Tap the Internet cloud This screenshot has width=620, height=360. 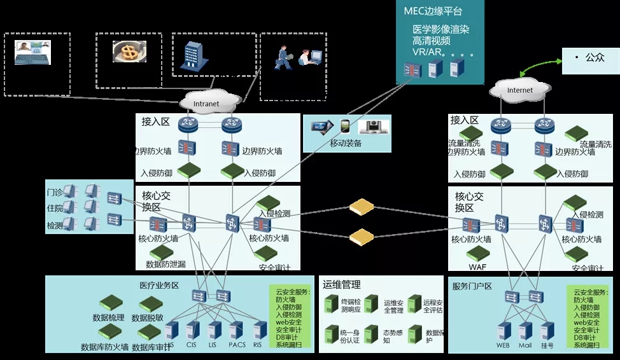520,90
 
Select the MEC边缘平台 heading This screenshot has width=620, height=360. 433,11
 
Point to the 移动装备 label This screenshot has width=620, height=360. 346,143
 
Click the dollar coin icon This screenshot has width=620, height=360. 129,52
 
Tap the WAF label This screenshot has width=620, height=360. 477,267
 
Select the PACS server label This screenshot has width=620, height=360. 237,345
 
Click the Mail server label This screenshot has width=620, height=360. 525,345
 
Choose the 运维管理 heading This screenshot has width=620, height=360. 342,284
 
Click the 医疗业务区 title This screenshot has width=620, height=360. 159,285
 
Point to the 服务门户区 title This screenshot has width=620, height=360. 472,286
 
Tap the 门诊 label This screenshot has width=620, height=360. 55,191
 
